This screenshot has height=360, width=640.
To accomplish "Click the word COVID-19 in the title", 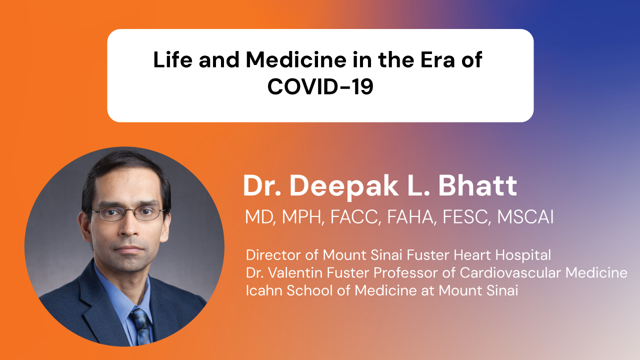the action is click(x=320, y=86).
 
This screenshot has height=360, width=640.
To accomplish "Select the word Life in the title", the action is click(x=172, y=59).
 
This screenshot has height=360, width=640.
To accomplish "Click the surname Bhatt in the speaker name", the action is click(x=477, y=185).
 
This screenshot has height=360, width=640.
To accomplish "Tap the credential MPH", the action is click(x=303, y=217).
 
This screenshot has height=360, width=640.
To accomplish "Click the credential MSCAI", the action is click(x=525, y=217).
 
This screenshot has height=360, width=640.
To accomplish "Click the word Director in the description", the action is click(x=273, y=255).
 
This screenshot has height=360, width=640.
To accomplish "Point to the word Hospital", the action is click(x=523, y=255).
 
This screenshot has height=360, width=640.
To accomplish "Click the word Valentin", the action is click(x=295, y=272).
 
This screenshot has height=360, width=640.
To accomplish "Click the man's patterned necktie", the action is click(x=141, y=325).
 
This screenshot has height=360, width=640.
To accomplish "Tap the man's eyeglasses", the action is click(x=127, y=213).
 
